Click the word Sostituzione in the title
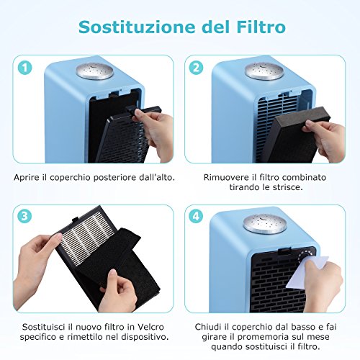click(x=137, y=27)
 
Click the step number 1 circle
click(x=25, y=68)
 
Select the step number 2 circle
click(x=196, y=68)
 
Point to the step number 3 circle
click(x=24, y=216)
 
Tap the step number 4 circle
click(x=196, y=216)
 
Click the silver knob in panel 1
click(x=94, y=71)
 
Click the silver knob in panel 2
click(x=264, y=71)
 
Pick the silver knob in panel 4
click(x=264, y=225)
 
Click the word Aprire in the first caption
click(x=27, y=178)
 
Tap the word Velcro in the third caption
click(x=150, y=327)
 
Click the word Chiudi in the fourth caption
click(x=208, y=327)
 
